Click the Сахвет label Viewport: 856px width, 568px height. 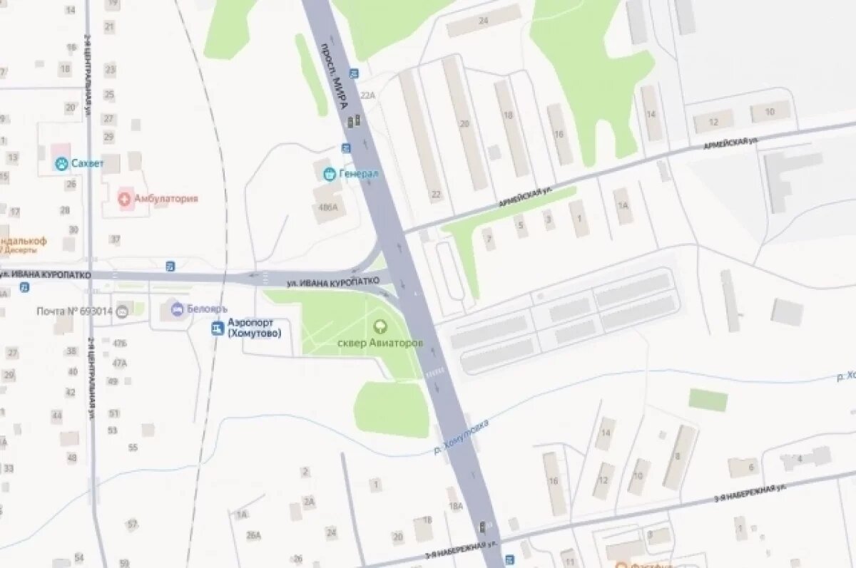coord(87,164)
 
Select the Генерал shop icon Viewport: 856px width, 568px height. coord(329,172)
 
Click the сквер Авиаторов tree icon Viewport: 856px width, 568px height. coord(380,327)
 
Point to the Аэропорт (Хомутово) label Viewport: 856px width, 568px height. coord(255,328)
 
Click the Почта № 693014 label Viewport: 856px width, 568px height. coord(75,311)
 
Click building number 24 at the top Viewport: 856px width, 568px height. coord(484,20)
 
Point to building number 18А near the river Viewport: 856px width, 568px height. coord(456,506)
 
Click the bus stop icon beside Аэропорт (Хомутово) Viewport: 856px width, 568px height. coord(217,328)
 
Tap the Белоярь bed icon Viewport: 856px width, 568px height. coord(175,309)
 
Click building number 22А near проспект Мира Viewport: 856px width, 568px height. coord(367,95)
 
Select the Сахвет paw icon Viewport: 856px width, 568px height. coord(62,164)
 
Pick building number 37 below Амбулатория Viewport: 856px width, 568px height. coord(115,239)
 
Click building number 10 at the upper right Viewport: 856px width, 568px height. coord(770,112)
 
